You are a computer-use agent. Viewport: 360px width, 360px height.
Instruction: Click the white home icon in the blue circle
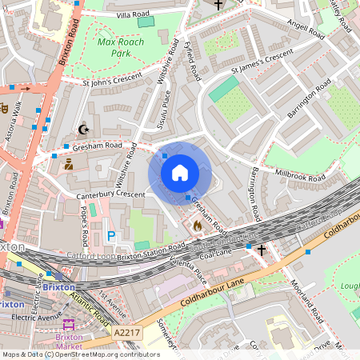[180, 173]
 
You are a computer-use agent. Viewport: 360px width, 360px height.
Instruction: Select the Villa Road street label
[133, 15]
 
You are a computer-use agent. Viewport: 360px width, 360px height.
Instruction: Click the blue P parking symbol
[111, 236]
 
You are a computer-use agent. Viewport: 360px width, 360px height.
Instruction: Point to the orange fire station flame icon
[197, 226]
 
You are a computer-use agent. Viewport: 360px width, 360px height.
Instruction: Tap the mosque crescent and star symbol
[82, 129]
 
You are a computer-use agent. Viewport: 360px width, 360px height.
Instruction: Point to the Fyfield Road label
[192, 61]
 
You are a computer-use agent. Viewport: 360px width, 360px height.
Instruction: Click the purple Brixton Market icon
[67, 325]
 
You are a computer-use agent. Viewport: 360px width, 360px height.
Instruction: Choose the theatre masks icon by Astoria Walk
[5, 106]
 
